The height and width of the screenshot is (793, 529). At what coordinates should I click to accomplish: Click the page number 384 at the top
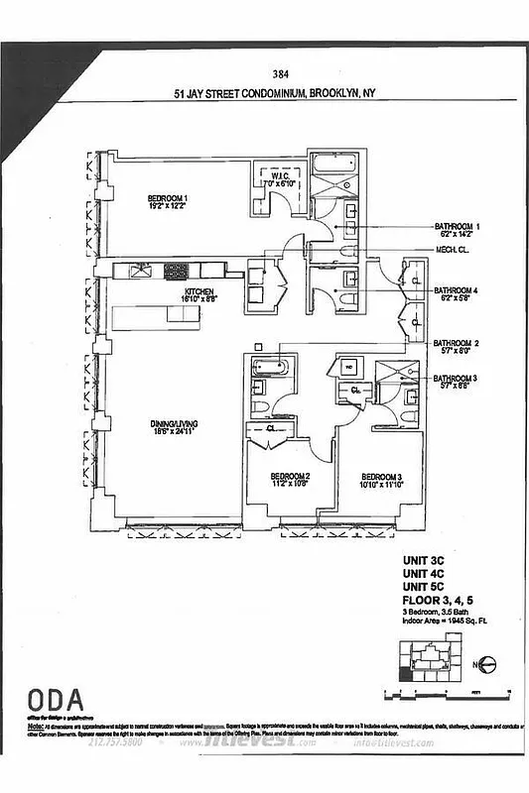click(x=279, y=71)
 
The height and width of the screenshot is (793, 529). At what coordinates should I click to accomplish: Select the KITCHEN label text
click(x=198, y=292)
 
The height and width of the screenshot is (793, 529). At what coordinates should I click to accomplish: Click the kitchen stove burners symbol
click(x=177, y=270)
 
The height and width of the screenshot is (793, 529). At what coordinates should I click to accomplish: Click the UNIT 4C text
click(x=423, y=586)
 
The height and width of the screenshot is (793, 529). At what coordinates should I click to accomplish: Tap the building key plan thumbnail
click(x=427, y=661)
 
